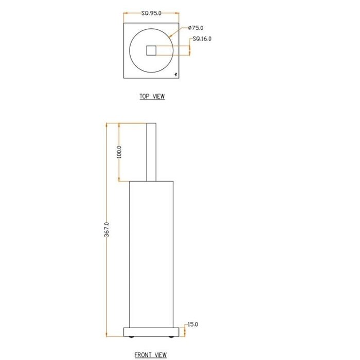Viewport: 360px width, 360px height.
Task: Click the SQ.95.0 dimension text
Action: point(151,14)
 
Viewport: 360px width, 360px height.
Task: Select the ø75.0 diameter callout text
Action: point(196,28)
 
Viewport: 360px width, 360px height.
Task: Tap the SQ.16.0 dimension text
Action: point(202,39)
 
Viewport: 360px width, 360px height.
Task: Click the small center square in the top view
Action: point(151,50)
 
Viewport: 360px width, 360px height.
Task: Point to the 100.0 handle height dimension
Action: point(119,152)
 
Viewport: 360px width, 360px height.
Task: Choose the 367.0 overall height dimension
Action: point(106,229)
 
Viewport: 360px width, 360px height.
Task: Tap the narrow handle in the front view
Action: point(151,152)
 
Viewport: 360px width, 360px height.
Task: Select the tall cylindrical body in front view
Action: point(151,252)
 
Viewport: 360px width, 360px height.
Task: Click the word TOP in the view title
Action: point(145,96)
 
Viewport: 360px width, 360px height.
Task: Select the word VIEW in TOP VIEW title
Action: point(158,96)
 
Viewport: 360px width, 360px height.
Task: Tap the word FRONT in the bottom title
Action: point(143,355)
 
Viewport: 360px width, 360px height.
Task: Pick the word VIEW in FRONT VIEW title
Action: point(160,355)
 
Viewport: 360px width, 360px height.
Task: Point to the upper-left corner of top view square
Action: point(124,23)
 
